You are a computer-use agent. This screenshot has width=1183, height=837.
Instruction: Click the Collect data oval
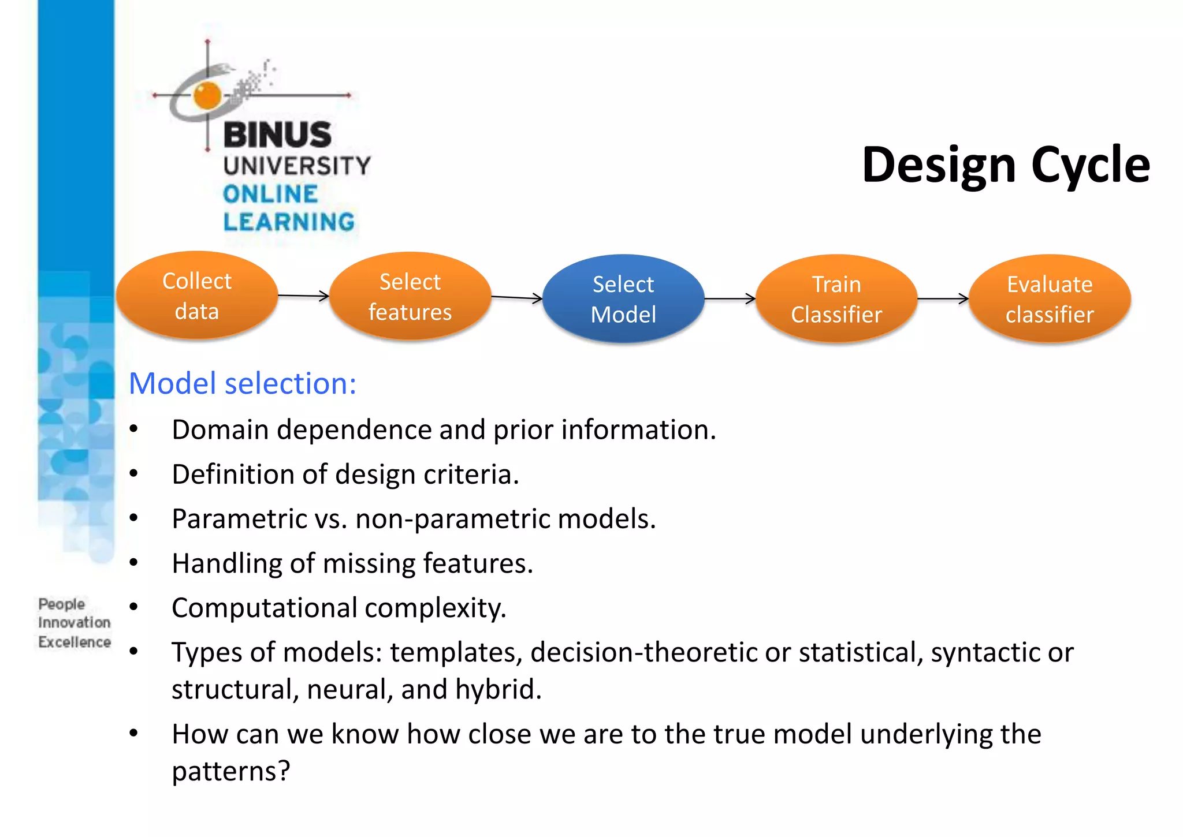tap(197, 296)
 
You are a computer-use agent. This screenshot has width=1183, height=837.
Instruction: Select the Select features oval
tap(410, 297)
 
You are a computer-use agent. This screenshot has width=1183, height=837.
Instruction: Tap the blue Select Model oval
tap(623, 299)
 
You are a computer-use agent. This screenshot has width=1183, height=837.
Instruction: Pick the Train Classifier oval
tap(836, 299)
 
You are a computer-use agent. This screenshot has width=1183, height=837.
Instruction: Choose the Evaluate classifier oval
tap(1050, 299)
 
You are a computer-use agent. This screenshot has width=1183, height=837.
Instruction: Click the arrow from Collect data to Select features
tap(303, 296)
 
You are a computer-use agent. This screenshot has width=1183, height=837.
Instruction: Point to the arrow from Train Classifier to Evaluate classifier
tap(943, 298)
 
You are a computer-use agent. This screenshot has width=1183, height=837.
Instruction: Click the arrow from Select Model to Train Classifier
tap(730, 298)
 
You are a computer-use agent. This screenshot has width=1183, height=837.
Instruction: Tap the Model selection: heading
tap(243, 383)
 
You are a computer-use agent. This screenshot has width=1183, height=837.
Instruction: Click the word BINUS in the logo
tap(277, 134)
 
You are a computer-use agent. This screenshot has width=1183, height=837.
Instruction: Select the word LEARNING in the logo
tap(289, 222)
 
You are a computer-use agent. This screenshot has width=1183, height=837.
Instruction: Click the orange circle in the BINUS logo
tap(207, 95)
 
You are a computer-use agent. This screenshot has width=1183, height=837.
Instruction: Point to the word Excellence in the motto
tap(75, 642)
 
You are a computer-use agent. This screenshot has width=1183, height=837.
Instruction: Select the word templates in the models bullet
tap(456, 653)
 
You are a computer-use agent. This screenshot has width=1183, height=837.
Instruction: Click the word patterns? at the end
tap(230, 771)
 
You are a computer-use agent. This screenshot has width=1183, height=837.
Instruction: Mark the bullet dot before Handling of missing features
tap(134, 563)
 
